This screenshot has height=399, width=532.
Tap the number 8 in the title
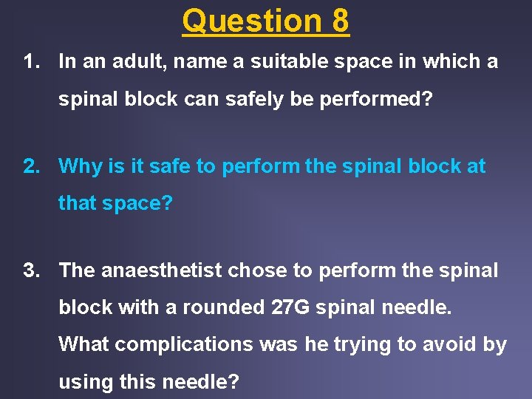coord(340,21)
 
